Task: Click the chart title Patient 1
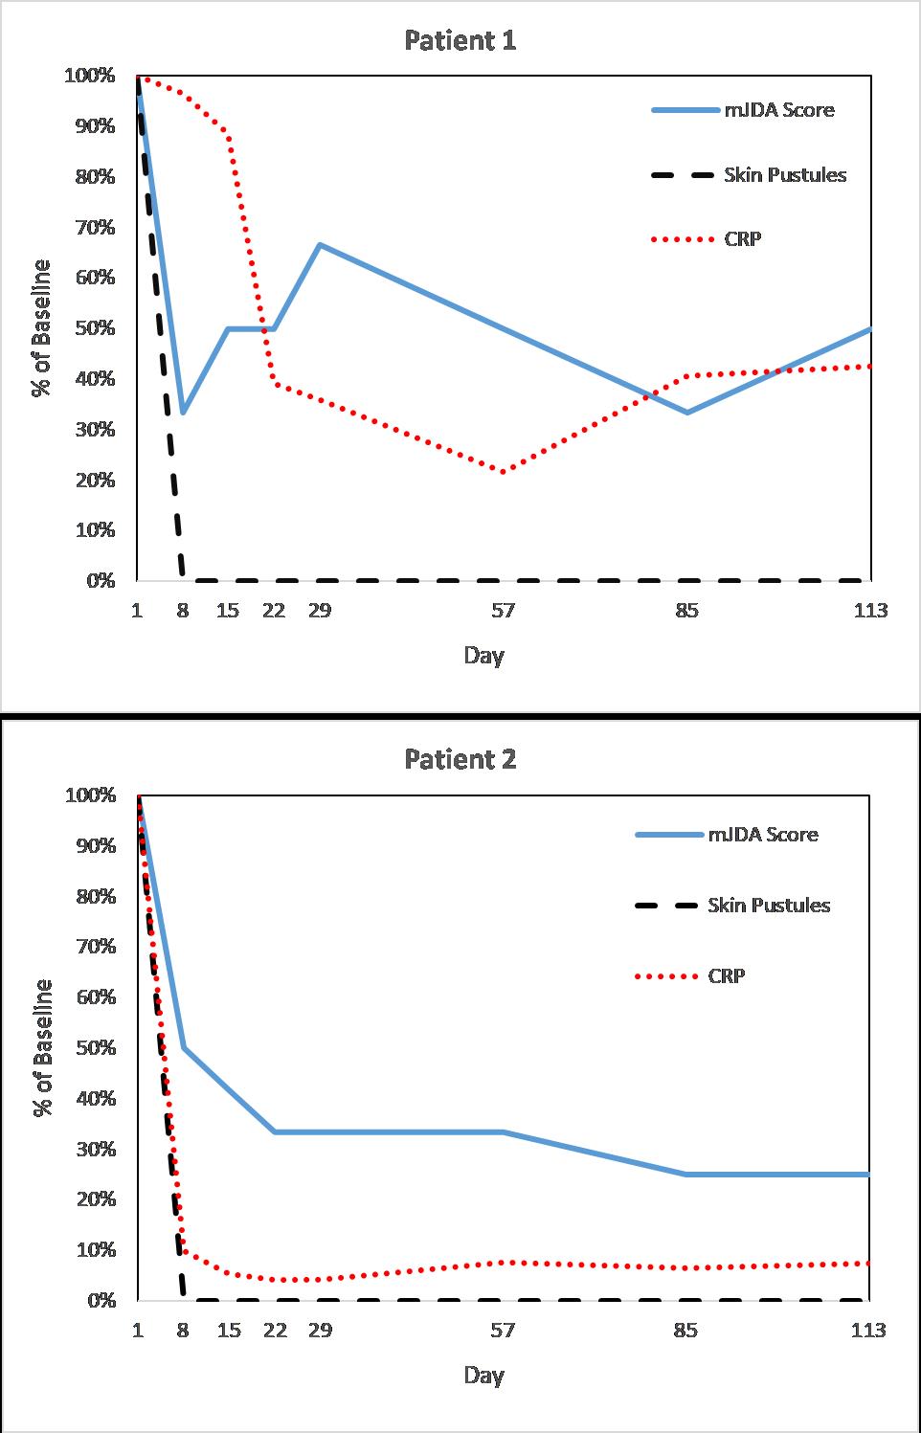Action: click(x=460, y=40)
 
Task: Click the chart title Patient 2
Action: click(x=460, y=759)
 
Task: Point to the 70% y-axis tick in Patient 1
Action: click(x=89, y=228)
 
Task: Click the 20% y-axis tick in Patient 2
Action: click(x=89, y=1199)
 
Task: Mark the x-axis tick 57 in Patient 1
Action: click(x=503, y=610)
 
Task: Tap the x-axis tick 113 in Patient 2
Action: click(x=869, y=1330)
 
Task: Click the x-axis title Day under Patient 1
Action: click(x=483, y=656)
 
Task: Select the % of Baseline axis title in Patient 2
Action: click(x=42, y=1047)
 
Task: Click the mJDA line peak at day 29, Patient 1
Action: click(x=320, y=245)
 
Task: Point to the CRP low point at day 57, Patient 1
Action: click(x=503, y=471)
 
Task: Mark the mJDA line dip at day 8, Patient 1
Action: click(x=182, y=413)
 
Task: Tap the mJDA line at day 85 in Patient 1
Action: click(x=686, y=413)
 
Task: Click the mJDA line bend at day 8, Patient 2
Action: click(x=182, y=1047)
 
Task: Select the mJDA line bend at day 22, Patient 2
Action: click(x=275, y=1131)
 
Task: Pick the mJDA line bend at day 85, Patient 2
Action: click(x=686, y=1174)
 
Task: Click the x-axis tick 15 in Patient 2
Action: click(x=228, y=1330)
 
